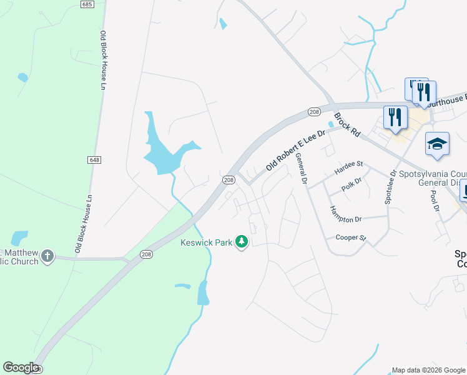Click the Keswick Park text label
pos(207,242)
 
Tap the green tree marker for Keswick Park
pos(242,242)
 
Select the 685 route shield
pos(87,4)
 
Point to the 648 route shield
pos(94,160)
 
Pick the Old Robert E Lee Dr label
pos(296,150)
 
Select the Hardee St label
pos(348,164)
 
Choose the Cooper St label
pos(350,237)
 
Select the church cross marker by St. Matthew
pos(48,255)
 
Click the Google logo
pos(21,367)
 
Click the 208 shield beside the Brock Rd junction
pos(313,112)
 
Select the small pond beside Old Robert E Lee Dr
pos(330,124)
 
